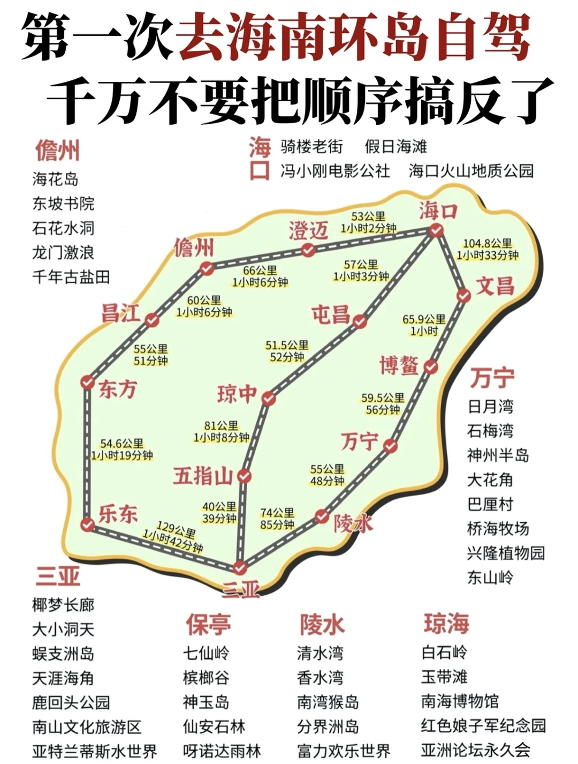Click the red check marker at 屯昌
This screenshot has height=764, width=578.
360,321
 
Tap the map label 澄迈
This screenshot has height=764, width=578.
308,231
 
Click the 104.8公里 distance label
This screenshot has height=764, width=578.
487,244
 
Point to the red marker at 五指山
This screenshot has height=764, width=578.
244,476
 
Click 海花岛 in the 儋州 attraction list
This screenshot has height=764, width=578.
55,179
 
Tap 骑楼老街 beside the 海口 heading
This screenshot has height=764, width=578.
311,146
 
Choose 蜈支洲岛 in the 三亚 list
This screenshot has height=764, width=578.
63,654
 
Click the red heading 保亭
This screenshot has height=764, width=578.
208,624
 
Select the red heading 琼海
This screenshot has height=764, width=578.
446,623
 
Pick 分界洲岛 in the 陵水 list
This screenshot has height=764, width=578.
328,726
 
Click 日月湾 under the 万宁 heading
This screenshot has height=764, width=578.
490,406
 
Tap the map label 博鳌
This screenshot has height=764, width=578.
399,365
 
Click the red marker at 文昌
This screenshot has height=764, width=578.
463,295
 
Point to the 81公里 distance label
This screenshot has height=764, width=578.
221,426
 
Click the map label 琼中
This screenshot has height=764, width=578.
237,394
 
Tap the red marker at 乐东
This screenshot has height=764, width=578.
87,525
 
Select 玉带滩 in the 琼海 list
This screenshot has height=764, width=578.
444,677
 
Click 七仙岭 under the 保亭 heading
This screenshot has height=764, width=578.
206,653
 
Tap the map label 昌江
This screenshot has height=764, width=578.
121,313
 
